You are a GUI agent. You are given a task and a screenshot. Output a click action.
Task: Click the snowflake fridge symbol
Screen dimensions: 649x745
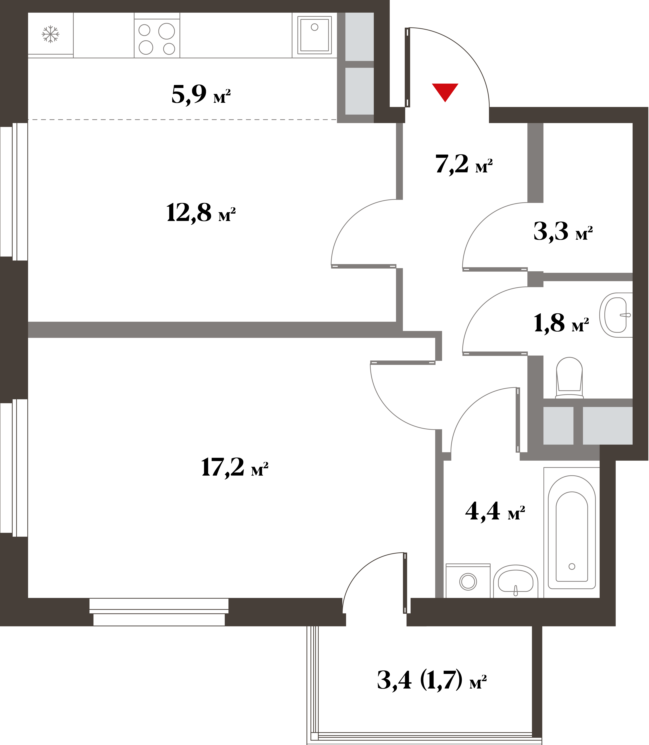pyautogui.click(x=50, y=34)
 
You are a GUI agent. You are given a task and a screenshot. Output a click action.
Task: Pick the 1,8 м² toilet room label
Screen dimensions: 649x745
pyautogui.click(x=561, y=323)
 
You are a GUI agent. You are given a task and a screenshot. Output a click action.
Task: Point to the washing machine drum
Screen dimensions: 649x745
pyautogui.click(x=468, y=582)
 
